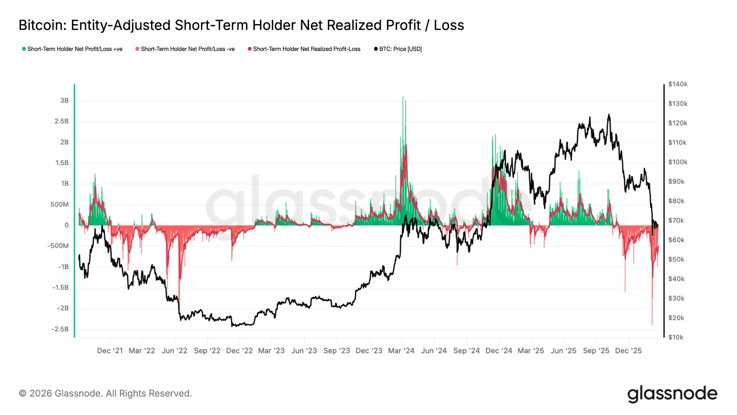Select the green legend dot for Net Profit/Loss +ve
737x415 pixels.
[24, 49]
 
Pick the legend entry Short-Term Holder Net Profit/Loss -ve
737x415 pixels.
[187, 49]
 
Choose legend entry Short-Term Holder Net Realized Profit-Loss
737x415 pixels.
[306, 49]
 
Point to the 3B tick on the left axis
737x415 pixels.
[64, 101]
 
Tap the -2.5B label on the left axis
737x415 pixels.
[60, 329]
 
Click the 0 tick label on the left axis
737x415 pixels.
[67, 225]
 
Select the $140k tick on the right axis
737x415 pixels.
[678, 84]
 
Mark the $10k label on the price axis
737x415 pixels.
[676, 337]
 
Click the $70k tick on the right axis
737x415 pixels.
[676, 220]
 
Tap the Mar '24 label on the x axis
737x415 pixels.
[401, 351]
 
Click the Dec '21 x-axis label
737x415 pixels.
[110, 351]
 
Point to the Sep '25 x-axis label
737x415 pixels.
[596, 351]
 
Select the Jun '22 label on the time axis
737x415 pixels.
[175, 351]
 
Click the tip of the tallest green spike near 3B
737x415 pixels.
[403, 97]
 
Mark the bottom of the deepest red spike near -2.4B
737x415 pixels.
[652, 324]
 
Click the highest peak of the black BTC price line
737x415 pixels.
[609, 115]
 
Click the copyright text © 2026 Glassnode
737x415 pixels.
[105, 393]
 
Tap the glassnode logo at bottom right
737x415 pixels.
[672, 394]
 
